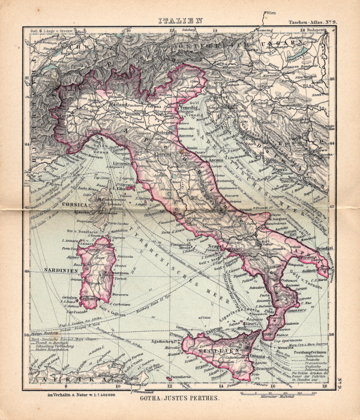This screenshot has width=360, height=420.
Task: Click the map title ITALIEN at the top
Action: [180, 20]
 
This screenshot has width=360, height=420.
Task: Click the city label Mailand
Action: [116, 104]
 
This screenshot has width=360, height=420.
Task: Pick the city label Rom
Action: [178, 213]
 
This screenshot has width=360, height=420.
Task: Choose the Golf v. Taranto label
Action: [298, 270]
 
